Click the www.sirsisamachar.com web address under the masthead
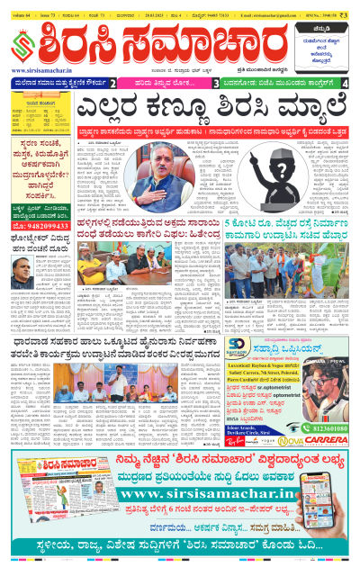(48, 70)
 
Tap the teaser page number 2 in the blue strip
(112, 84)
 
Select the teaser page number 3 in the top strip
(216, 84)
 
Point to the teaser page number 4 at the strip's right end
(346, 84)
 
